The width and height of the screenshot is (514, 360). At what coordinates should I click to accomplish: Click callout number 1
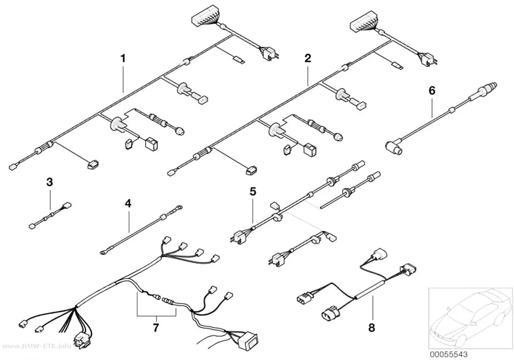[x=123, y=59]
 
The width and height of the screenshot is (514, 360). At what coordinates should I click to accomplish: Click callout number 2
[x=307, y=58]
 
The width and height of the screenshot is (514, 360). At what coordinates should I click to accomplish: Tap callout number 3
[x=49, y=182]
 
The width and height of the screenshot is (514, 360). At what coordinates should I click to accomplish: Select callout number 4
[x=128, y=204]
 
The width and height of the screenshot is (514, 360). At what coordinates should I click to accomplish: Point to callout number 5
[x=253, y=192]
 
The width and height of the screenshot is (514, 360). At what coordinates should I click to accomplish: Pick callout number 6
[x=432, y=91]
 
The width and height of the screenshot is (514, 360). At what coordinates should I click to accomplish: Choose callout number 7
[x=156, y=327]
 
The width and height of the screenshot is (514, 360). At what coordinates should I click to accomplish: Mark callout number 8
[x=372, y=327]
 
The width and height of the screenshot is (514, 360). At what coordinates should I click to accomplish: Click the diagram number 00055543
[x=449, y=355]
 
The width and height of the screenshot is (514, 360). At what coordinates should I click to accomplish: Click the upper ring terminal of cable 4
[x=179, y=208]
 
